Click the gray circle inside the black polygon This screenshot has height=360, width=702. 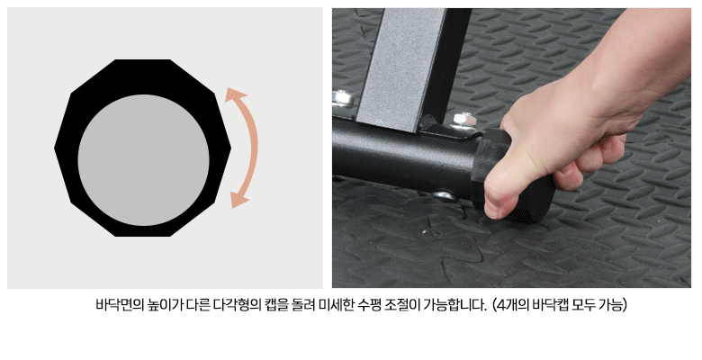click(x=143, y=160)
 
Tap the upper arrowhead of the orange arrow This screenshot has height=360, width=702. click(x=235, y=94)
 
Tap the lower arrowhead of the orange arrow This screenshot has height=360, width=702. click(x=238, y=200)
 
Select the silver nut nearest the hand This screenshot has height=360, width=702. click(x=463, y=120)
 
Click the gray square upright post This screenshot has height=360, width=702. click(x=400, y=67)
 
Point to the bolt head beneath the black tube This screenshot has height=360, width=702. click(x=445, y=195)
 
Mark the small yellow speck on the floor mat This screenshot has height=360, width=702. click(x=424, y=231)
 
